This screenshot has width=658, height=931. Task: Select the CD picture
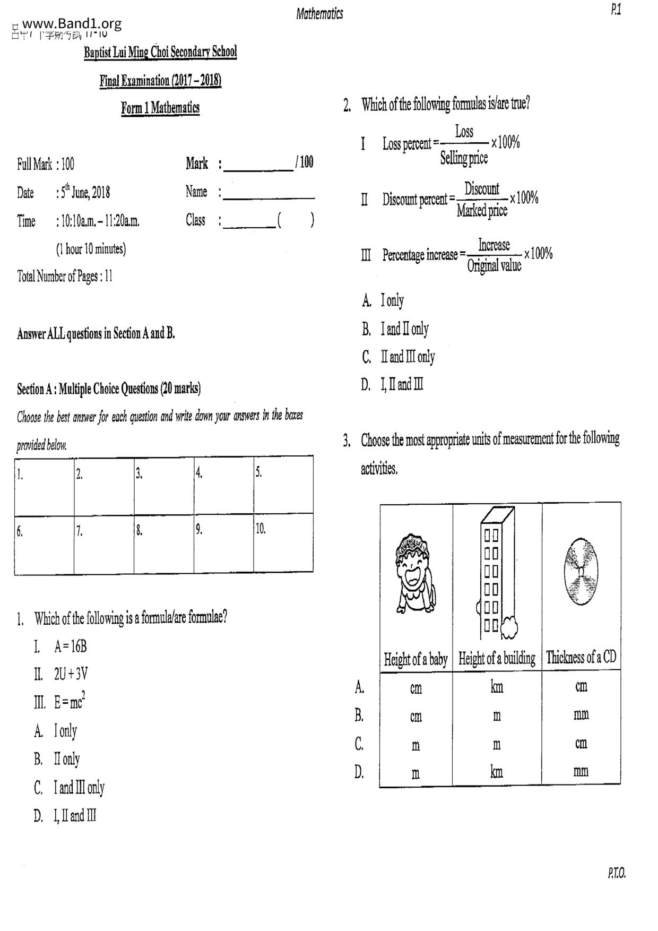click(x=581, y=572)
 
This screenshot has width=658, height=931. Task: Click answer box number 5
click(x=283, y=484)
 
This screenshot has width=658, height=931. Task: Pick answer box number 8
click(x=163, y=544)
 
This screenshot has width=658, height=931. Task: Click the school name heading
click(x=160, y=53)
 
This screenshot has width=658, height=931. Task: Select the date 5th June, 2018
click(x=85, y=192)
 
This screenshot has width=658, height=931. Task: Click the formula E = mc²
click(x=70, y=702)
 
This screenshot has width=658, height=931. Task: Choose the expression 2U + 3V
click(x=71, y=674)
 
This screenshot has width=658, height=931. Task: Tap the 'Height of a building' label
click(x=497, y=659)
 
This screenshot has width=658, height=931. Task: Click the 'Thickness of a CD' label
click(x=581, y=658)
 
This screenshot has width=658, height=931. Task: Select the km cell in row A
click(x=497, y=687)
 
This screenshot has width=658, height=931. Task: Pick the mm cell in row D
click(x=581, y=771)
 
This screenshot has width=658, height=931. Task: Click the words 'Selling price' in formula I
click(x=464, y=158)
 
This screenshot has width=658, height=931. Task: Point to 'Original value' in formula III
click(x=494, y=265)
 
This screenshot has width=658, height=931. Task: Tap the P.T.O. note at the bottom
click(x=617, y=873)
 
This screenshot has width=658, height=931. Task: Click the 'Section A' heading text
click(x=109, y=389)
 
